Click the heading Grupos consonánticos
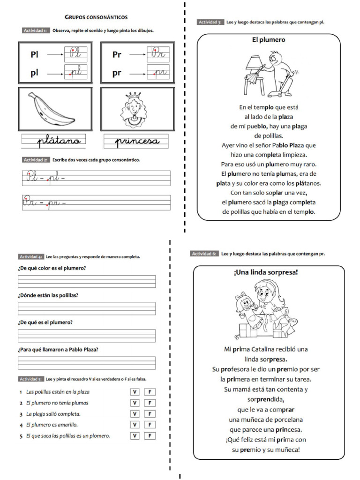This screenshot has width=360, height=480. (x=96, y=17)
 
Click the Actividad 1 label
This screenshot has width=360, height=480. (x=35, y=30)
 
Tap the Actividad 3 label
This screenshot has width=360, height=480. (x=210, y=22)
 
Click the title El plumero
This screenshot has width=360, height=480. (x=269, y=40)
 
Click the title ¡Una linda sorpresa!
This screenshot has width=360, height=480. (x=265, y=272)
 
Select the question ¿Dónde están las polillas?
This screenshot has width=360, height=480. (x=48, y=295)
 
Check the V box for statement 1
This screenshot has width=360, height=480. (x=135, y=392)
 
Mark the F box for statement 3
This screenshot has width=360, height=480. (x=150, y=414)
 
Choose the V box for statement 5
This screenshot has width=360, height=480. (x=135, y=435)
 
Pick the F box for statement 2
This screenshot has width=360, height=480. (x=150, y=403)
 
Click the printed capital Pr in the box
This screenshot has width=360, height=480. (x=117, y=55)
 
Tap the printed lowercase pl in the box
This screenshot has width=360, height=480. (x=35, y=74)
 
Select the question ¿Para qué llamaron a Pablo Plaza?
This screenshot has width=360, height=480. (x=58, y=350)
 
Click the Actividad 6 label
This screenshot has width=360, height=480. (x=204, y=254)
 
